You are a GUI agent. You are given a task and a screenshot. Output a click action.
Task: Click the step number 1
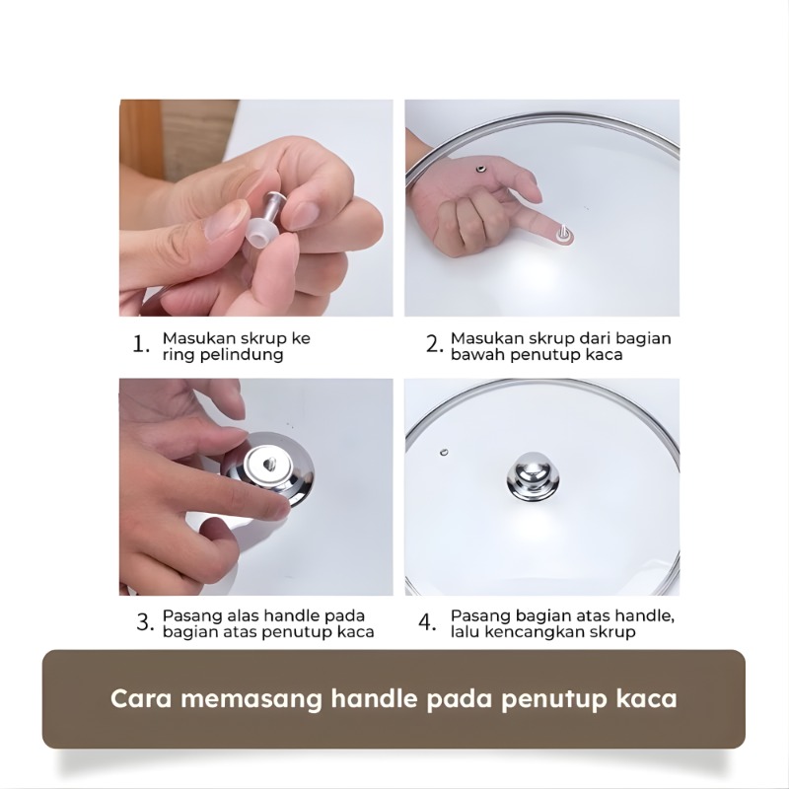[140, 345]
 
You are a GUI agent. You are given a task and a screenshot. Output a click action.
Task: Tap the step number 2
[435, 345]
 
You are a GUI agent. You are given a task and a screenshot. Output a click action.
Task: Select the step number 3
[145, 623]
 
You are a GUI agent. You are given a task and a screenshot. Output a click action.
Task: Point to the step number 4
[427, 623]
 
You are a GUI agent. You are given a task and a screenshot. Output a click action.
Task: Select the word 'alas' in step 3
[243, 615]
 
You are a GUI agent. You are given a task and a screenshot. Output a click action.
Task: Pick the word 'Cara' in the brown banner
[141, 699]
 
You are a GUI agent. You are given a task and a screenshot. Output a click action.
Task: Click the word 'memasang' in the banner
[251, 699]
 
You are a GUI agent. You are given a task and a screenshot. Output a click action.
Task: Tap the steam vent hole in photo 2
[481, 169]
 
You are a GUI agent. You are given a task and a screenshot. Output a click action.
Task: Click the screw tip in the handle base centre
[269, 463]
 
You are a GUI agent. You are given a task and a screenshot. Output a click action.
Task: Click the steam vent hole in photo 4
[444, 452]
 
